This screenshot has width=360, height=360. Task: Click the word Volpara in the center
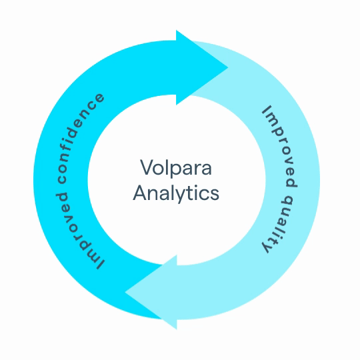176,167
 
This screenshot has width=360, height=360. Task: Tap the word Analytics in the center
176,193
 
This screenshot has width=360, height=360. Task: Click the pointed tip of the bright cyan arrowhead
228,67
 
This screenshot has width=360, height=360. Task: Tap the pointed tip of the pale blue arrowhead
125,292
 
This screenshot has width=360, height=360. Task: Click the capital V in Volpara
147,167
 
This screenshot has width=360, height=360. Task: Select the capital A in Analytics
140,193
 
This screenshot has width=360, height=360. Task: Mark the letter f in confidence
67,151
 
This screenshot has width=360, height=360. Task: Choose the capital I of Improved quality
267,110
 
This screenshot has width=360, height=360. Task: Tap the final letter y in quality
268,248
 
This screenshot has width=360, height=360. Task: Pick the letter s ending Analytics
215,195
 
